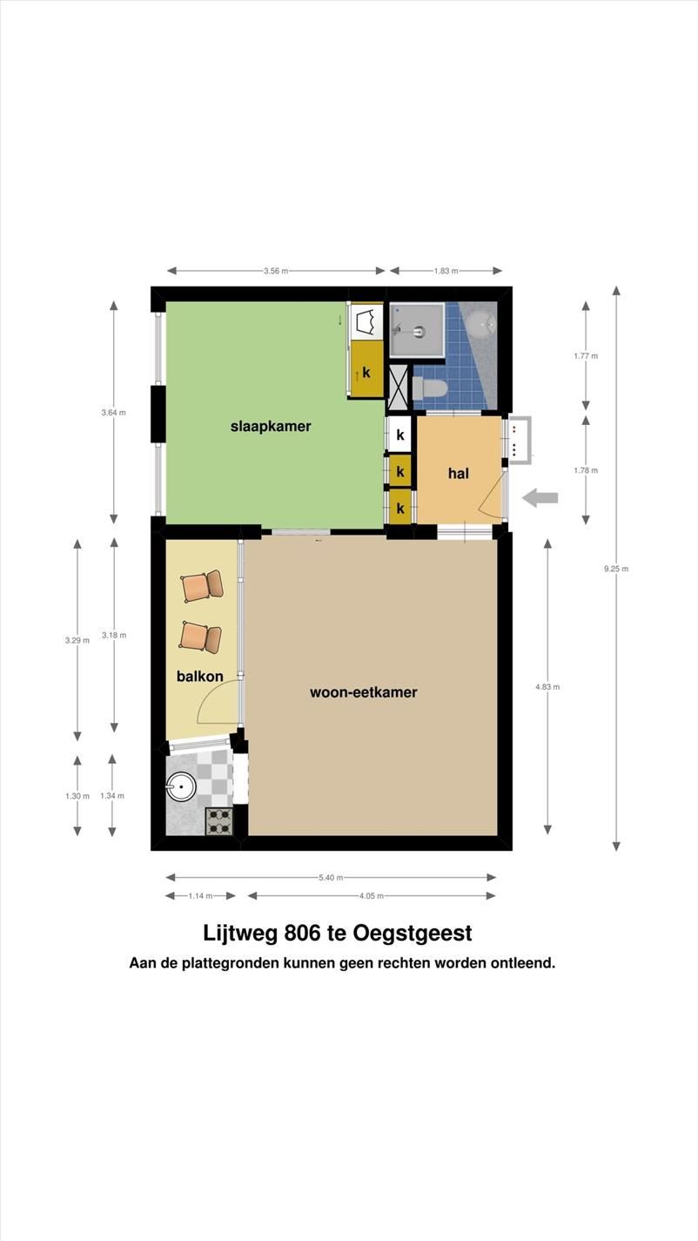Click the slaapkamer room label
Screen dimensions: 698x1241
271,427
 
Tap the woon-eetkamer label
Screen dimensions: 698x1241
363,692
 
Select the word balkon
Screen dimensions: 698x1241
200,676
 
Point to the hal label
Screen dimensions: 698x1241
459,473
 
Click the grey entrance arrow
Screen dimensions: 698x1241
540,497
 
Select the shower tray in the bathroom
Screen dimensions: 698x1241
417,330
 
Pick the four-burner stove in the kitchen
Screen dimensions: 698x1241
219,821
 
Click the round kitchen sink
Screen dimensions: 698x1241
181,786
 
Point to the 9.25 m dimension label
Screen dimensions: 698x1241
616,569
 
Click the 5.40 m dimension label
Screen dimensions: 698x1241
331,878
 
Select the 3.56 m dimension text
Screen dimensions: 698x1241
276,271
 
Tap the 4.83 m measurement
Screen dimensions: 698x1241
547,686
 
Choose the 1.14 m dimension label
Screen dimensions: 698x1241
200,896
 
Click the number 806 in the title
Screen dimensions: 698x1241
302,934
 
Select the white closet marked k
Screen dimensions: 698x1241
399,435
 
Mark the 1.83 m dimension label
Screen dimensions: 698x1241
446,271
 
